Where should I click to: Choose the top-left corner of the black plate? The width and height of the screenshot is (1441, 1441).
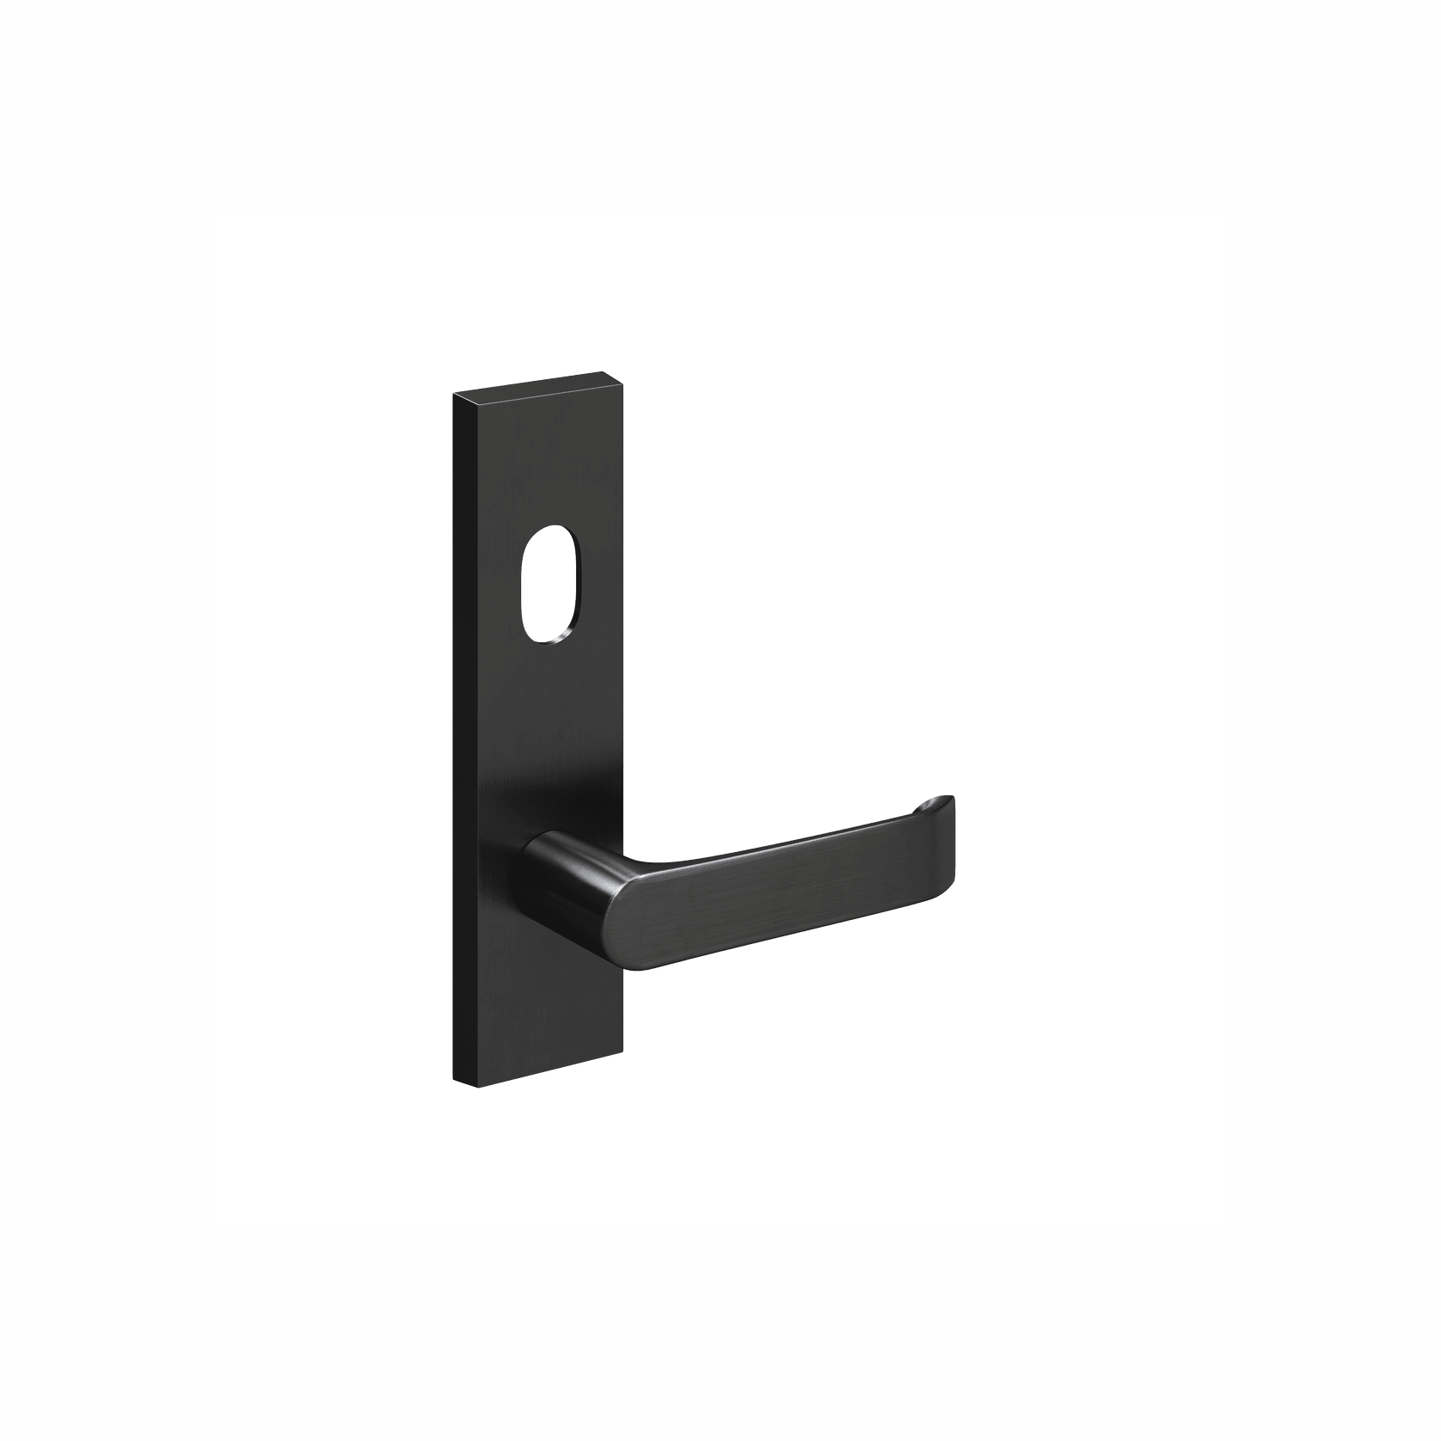[x=453, y=394]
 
